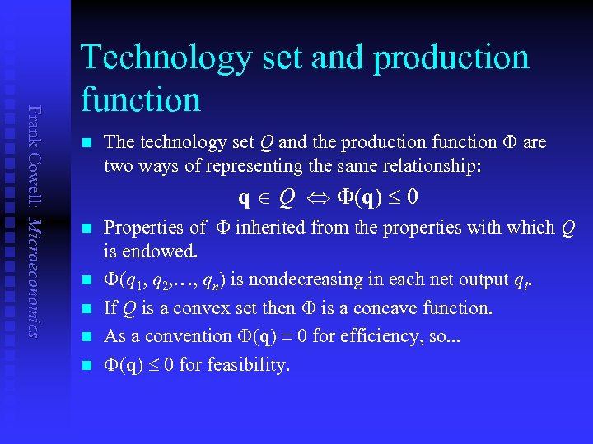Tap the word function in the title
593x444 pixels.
click(141, 100)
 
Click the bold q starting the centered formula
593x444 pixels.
click(245, 199)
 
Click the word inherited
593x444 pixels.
click(273, 228)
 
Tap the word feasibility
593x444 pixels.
click(246, 364)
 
